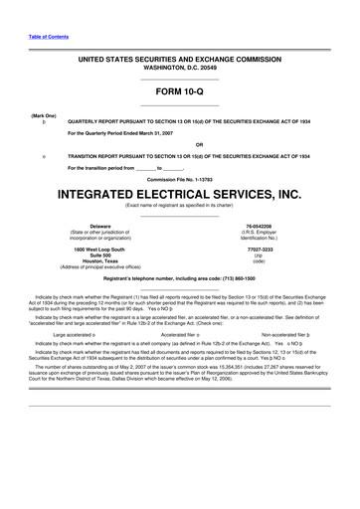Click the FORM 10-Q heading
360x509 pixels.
pos(180,91)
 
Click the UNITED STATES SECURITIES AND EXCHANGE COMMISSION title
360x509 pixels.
pos(180,61)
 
